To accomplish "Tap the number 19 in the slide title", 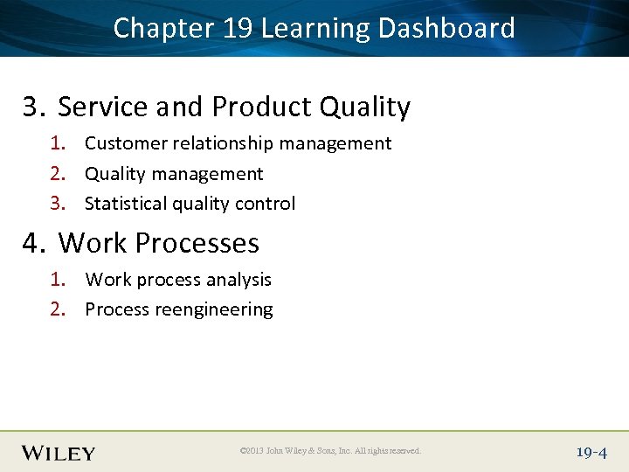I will pos(237,28).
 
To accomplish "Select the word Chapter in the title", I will pos(163,28).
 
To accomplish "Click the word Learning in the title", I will pos(315,30).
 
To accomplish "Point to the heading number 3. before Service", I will pos(34,107).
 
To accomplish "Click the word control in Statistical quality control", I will pos(267,204).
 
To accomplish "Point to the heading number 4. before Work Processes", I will pos(34,242).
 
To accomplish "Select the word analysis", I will pos(241,281).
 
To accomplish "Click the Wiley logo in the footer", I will pos(59,452).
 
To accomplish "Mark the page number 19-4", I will pos(591,452).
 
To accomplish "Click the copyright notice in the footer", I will pos(330,451).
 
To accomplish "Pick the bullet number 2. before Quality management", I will pos(58,174).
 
